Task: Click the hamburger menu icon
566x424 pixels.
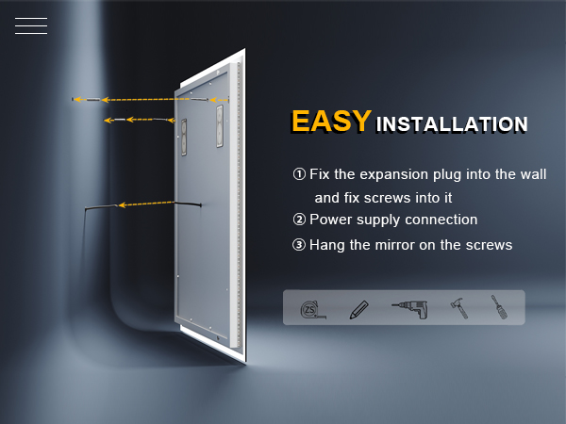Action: coord(31,26)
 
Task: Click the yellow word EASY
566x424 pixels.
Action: coord(331,122)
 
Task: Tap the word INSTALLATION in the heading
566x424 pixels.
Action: coord(452,124)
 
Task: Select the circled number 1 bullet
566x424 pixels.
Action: coord(299,174)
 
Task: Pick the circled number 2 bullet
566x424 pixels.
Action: coord(299,220)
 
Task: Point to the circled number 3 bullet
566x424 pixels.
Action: coord(299,245)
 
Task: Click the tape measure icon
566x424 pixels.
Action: coord(313,310)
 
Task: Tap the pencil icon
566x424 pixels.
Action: coord(358,310)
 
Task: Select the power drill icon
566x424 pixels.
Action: coord(410,310)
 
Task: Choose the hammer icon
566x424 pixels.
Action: coord(459,308)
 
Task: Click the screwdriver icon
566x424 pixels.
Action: coord(499,307)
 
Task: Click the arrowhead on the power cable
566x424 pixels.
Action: coord(123,205)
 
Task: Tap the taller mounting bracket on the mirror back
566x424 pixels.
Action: coord(220,126)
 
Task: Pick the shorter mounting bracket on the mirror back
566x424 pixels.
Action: coord(184,137)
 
